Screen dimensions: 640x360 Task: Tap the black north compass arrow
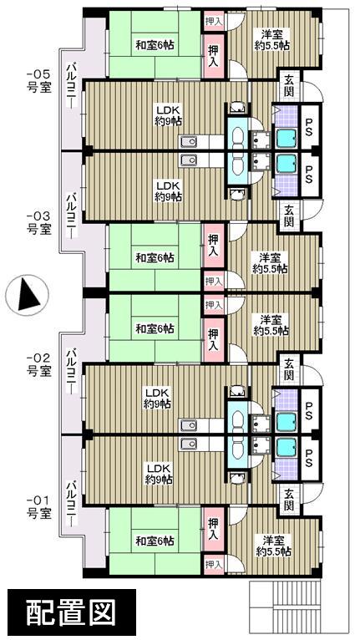pyautogui.click(x=25, y=294)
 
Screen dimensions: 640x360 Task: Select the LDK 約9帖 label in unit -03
pyautogui.click(x=168, y=190)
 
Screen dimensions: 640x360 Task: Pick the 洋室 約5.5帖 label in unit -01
pyautogui.click(x=272, y=545)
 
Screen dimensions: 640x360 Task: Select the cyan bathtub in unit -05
pyautogui.click(x=286, y=138)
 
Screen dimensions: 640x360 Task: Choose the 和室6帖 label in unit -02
pyautogui.click(x=155, y=328)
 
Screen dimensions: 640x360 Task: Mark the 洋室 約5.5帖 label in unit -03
pyautogui.click(x=270, y=262)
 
